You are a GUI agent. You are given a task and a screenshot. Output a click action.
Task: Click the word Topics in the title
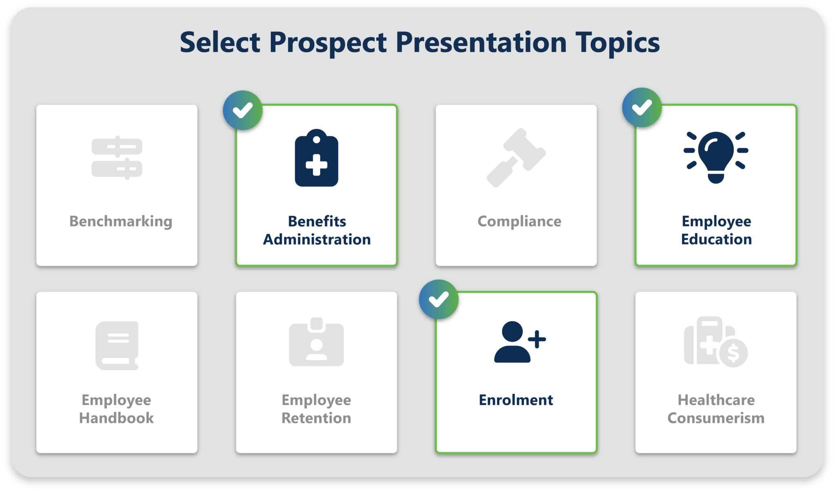[x=617, y=43]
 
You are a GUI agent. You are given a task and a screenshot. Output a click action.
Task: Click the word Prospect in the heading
[x=328, y=43]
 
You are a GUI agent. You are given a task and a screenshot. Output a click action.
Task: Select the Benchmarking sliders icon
[x=117, y=157]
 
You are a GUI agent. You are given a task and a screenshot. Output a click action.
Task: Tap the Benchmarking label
[x=121, y=222]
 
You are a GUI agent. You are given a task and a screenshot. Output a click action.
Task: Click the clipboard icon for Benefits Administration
[x=316, y=158]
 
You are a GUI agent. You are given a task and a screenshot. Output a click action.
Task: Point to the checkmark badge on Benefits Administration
[x=243, y=110]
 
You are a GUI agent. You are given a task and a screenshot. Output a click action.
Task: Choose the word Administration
[x=317, y=239]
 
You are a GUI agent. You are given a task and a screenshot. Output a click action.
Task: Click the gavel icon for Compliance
[x=516, y=158]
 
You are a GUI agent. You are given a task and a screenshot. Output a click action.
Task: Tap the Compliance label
[x=519, y=222]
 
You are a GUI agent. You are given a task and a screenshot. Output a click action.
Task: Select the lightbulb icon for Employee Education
[x=716, y=157]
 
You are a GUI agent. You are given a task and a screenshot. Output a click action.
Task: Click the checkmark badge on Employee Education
[x=642, y=108]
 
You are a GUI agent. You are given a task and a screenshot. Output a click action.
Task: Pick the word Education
[x=716, y=239]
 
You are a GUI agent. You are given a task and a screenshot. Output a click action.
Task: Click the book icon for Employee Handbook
[x=117, y=346]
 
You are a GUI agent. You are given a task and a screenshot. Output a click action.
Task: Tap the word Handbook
[x=117, y=418]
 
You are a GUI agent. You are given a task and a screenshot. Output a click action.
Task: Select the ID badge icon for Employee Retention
[x=316, y=342]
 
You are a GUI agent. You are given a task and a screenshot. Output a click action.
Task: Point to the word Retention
[x=316, y=418]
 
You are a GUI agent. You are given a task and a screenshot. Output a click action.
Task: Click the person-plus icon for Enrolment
[x=520, y=342]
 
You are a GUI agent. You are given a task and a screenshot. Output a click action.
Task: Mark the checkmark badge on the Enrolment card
[x=439, y=299]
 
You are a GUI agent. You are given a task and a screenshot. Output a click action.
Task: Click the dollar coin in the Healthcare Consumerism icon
[x=733, y=353]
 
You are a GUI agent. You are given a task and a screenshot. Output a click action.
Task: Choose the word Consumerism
[x=716, y=418]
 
